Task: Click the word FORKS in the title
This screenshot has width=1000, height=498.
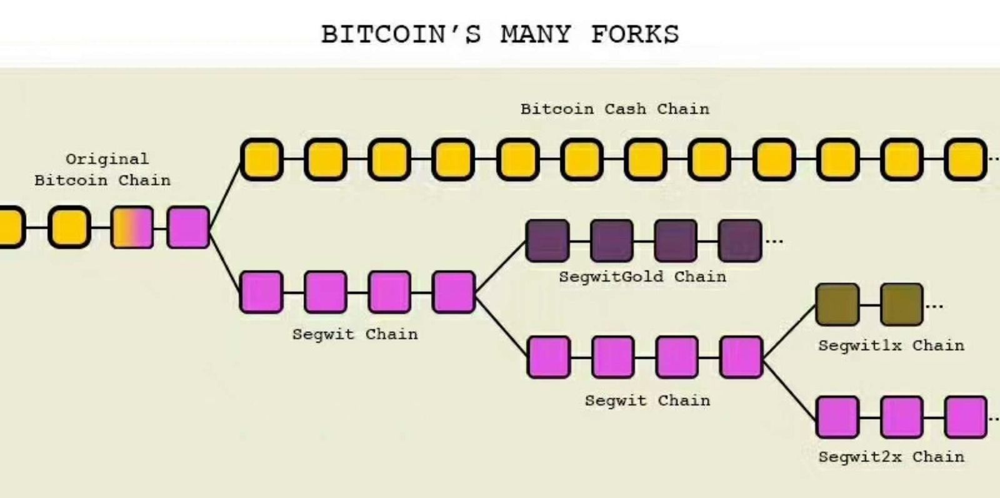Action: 634,34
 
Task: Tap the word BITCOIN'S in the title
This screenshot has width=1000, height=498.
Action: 401,34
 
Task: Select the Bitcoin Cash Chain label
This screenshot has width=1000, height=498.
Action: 615,109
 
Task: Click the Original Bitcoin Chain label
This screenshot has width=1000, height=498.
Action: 102,170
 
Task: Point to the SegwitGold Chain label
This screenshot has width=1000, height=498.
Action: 642,277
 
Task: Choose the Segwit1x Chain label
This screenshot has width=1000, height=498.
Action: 891,345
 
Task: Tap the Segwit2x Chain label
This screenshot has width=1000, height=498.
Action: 891,457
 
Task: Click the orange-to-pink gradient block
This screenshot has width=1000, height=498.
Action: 132,227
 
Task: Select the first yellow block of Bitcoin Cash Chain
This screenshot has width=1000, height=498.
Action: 262,160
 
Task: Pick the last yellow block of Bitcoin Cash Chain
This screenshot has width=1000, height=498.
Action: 966,160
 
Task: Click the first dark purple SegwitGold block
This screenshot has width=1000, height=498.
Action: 548,240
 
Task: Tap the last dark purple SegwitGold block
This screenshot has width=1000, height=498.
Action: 740,240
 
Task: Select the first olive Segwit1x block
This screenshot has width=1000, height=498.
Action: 837,305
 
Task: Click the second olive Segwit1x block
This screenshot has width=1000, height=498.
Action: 901,305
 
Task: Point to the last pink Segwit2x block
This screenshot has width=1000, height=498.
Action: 966,417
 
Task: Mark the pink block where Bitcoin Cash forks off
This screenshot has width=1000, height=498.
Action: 189,227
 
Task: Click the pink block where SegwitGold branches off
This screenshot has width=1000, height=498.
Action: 454,292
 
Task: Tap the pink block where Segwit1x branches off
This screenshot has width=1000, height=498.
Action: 741,357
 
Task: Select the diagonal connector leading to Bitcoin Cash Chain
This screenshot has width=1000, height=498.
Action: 226,194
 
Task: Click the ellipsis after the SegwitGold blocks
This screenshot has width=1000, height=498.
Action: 774,241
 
